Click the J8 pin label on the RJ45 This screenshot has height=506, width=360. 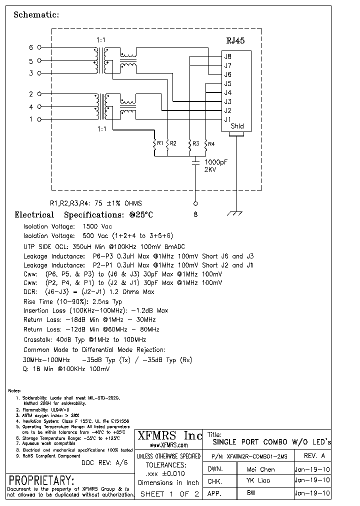pos(227,56)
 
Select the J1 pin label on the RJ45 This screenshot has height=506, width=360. pos(227,119)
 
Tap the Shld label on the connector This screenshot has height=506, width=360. pos(237,126)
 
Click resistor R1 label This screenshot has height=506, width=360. pos(160,143)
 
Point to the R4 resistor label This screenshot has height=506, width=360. pos(211,144)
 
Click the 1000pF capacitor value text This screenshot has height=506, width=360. pos(216,162)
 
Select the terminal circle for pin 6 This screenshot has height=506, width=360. pos(39,47)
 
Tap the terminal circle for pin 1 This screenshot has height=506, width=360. pos(39,119)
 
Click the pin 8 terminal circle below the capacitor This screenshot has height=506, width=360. pos(195,203)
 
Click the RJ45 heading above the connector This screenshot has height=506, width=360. pos(235,41)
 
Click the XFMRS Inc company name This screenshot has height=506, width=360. pos(169,435)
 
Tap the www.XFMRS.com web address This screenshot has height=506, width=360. pos(161,444)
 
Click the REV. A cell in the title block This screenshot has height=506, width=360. pos(314,456)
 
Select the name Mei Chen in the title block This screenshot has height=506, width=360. pos(260,469)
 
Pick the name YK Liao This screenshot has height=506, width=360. pos(258,480)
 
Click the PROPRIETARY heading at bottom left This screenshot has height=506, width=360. pos(42,480)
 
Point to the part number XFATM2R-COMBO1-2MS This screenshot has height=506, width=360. pos(257,456)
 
